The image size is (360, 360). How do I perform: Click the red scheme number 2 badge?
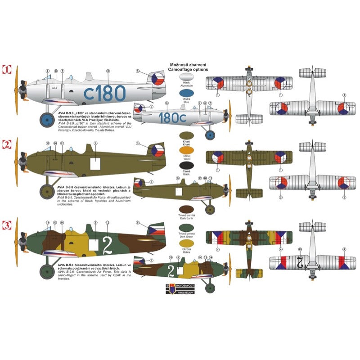(7, 145)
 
